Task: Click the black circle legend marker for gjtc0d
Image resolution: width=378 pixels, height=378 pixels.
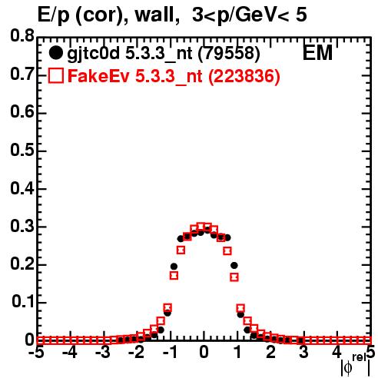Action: point(55,53)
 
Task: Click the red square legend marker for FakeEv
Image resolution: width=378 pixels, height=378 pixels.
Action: point(55,76)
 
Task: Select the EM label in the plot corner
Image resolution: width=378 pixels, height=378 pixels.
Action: point(317,53)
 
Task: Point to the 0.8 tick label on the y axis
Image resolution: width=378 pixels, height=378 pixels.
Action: point(22,36)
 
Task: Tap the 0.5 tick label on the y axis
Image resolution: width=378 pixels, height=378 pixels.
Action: point(22,150)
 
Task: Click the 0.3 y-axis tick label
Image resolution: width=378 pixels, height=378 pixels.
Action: point(22,226)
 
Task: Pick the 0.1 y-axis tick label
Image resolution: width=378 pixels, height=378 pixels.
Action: point(23,302)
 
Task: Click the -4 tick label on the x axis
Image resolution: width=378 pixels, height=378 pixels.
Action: point(70,353)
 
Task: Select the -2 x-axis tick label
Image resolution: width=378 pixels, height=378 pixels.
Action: point(136,353)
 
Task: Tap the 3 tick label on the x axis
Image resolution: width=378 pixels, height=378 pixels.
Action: point(303,353)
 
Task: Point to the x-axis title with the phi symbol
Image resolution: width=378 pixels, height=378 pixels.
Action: point(356,365)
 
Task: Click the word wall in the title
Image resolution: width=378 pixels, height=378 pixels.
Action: point(154,15)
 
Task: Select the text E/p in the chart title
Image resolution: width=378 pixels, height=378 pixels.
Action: point(54,16)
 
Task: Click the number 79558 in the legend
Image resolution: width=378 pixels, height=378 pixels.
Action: point(229,54)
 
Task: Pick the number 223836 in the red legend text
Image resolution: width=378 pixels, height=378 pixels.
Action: point(244,76)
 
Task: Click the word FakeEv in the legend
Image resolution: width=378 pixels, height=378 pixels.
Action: point(98,76)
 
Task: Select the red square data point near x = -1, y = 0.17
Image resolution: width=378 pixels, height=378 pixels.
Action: point(174,276)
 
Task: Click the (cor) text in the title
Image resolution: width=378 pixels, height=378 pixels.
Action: point(98,16)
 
